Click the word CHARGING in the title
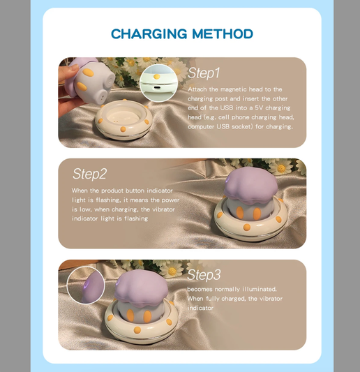(149, 34)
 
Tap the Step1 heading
(204, 73)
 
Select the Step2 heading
(89, 174)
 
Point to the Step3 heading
(204, 275)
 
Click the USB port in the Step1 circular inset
(156, 87)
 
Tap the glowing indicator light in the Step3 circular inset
(87, 283)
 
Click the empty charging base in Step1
(123, 119)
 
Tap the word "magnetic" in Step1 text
(233, 89)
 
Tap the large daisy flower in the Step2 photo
(281, 168)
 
